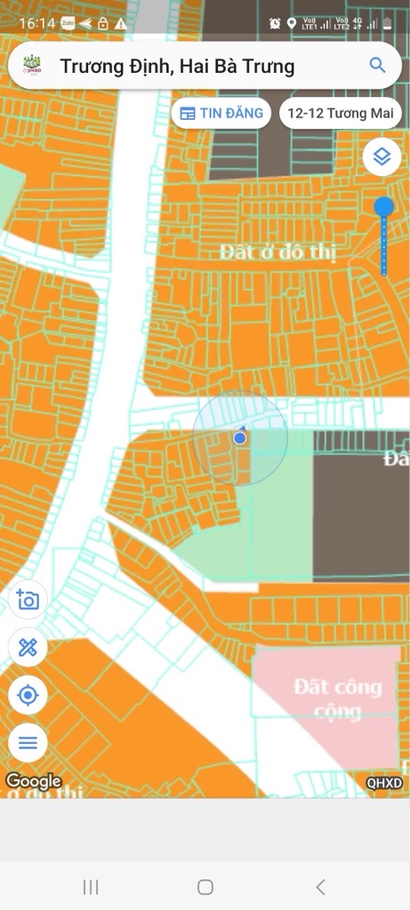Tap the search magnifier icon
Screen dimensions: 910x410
(377, 65)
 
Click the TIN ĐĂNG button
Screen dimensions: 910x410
(221, 113)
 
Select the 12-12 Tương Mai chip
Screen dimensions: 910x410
(340, 113)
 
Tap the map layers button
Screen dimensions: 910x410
(382, 157)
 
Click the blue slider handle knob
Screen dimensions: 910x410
(383, 208)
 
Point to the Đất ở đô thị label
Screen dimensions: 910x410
(278, 252)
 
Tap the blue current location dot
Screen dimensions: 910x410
(239, 437)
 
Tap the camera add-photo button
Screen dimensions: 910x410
(28, 601)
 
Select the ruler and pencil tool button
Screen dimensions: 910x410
(28, 647)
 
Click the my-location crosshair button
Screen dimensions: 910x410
(28, 694)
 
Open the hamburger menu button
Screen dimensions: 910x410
(28, 741)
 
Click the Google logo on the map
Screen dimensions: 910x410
(34, 782)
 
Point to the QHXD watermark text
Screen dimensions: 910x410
(384, 783)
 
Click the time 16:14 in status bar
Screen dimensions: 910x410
(36, 23)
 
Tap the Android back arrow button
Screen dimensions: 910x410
(320, 886)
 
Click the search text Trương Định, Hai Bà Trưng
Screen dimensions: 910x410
(177, 66)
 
